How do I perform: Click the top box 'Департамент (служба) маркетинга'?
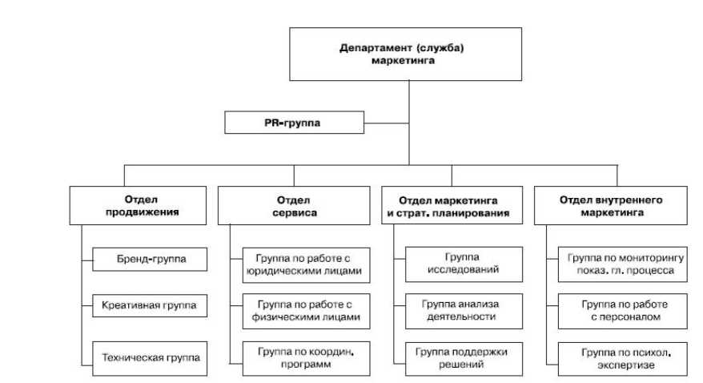click(x=408, y=54)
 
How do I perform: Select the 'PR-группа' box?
click(x=294, y=123)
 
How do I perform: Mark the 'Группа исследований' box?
click(x=464, y=264)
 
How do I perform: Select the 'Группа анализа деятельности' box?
click(x=464, y=311)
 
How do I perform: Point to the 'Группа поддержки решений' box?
click(x=464, y=358)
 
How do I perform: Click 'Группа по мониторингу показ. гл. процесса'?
click(x=621, y=264)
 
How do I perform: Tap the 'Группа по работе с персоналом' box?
click(x=621, y=311)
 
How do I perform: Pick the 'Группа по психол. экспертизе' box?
click(x=621, y=358)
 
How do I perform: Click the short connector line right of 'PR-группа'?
click(x=386, y=123)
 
